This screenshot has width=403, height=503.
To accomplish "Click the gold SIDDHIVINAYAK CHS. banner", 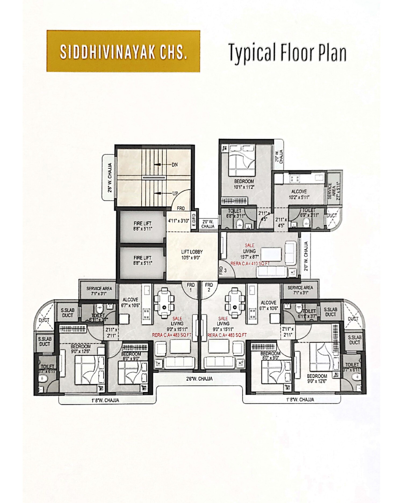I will click(123, 51).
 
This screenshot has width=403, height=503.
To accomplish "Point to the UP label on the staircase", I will click(175, 193).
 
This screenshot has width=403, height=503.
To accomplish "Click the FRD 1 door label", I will click(190, 287).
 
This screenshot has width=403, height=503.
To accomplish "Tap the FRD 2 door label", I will click(209, 287).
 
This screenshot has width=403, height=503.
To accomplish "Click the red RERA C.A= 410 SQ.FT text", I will click(250, 264).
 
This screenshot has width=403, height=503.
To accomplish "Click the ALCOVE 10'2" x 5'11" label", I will click(299, 194).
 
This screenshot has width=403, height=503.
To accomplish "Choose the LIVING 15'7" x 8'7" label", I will click(250, 254).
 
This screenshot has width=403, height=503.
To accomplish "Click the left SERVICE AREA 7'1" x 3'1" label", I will click(99, 291).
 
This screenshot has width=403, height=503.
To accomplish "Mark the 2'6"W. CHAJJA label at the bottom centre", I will click(200, 379).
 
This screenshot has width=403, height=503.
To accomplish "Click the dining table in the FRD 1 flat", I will click(164, 304).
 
